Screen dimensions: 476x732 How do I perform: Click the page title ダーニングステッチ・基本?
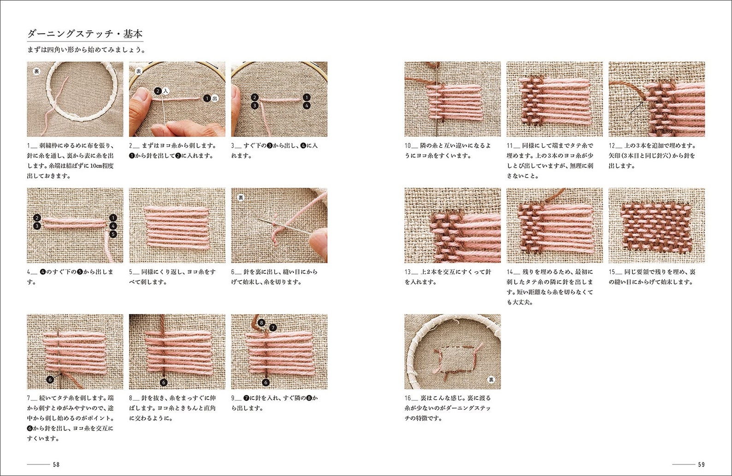coord(85,34)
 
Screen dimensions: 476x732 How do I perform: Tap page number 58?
coord(56,464)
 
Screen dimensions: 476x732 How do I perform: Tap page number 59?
coord(701,464)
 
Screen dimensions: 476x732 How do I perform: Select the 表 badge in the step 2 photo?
coord(138,71)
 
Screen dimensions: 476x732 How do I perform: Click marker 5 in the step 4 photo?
coord(113,234)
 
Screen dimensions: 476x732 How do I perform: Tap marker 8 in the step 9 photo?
coord(261,322)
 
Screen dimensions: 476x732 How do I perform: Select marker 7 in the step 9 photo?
coord(273,327)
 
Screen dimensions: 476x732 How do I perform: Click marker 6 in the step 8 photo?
coord(164,382)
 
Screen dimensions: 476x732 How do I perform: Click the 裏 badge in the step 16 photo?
coord(491,380)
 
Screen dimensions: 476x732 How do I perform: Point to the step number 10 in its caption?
coord(408,146)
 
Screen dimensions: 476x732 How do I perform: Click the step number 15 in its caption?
coord(612,272)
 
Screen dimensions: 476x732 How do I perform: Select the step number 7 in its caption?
coord(29,398)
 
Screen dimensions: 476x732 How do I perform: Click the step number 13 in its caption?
coord(408,272)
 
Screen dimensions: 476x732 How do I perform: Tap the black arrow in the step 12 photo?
coord(637,107)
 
